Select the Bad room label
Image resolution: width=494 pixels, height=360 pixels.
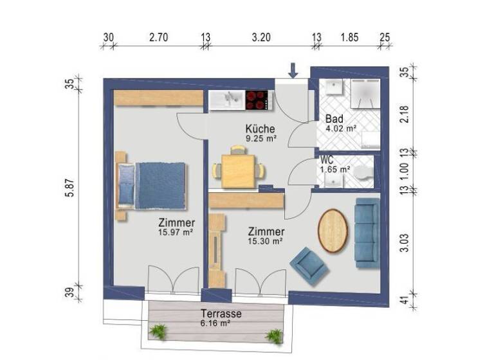(x=334, y=119)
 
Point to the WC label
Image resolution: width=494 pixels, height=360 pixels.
(x=326, y=161)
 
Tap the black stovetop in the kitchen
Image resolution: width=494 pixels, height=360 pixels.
(x=257, y=100)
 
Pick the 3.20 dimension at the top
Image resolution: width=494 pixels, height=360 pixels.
(x=260, y=38)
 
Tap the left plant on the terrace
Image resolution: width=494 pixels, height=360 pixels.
(x=158, y=332)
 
